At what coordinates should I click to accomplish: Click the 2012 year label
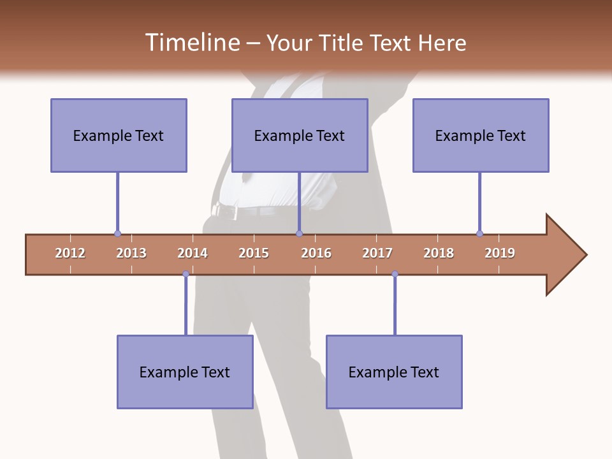click(70, 253)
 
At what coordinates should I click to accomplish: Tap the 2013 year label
click(131, 253)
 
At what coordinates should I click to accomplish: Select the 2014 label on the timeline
click(193, 253)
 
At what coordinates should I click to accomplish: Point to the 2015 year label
click(254, 253)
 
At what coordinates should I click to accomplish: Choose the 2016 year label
click(316, 253)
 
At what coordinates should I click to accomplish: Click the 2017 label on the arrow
click(377, 253)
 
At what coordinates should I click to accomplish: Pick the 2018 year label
click(439, 253)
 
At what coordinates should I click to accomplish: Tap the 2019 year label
click(500, 253)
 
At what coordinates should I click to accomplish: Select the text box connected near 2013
click(119, 135)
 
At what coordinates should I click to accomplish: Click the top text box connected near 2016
click(300, 135)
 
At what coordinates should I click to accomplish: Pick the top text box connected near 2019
click(481, 135)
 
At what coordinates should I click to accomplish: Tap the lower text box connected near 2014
click(185, 372)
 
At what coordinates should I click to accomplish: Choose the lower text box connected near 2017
click(394, 372)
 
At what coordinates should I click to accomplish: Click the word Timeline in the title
click(192, 43)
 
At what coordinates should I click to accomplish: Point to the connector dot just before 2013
click(117, 234)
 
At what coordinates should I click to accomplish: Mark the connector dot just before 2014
click(186, 274)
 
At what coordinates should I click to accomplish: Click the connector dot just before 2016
click(299, 234)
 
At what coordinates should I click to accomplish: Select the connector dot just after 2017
click(395, 274)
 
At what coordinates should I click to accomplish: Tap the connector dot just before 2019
click(479, 234)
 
